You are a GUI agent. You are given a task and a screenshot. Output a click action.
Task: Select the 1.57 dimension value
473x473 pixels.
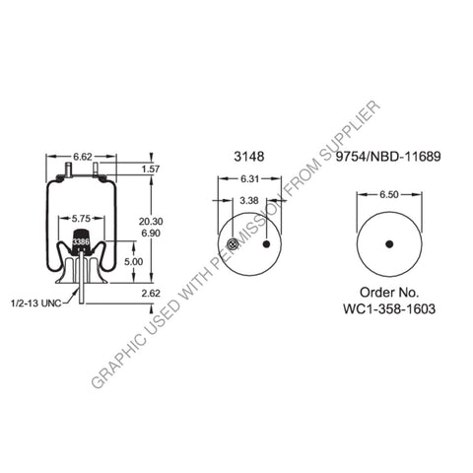[151, 169]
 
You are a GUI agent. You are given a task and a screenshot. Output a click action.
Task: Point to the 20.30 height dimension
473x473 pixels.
[151, 222]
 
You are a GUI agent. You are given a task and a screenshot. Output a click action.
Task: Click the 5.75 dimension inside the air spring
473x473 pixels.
[81, 219]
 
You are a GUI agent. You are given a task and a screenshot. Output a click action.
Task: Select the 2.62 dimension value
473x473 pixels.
[150, 293]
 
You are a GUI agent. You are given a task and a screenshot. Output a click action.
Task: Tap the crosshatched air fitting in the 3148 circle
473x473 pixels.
[228, 245]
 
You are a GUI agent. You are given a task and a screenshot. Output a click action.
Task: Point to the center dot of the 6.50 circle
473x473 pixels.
[389, 243]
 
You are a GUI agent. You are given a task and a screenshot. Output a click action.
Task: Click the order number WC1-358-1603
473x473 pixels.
[391, 308]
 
